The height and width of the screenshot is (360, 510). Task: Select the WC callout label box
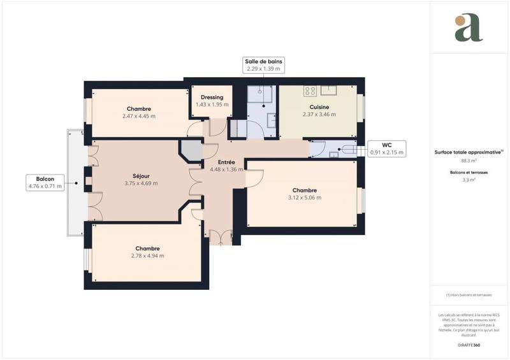387,148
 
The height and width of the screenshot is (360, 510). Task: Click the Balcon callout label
45,183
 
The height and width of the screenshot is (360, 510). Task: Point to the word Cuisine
319,107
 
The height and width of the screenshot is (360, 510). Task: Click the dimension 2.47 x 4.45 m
139,117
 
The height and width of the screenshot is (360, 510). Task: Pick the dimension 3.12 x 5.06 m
304,198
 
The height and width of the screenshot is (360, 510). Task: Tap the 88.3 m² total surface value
469,161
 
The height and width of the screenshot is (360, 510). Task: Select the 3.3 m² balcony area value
469,180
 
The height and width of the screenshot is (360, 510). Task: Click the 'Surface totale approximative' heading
469,152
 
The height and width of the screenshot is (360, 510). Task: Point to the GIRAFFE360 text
469,344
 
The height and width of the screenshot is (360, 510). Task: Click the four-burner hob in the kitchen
310,90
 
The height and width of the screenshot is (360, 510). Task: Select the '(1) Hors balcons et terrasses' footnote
469,295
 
